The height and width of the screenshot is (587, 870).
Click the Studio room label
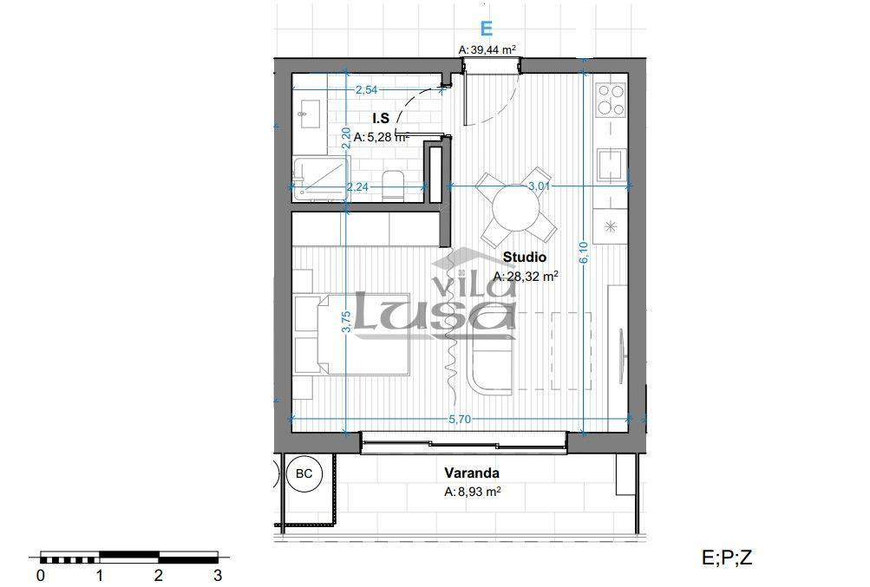524,257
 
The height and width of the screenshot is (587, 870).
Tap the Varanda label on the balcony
472,473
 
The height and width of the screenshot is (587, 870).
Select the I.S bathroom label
381,118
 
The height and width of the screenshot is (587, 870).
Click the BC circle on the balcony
304,473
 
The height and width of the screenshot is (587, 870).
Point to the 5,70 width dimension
460,419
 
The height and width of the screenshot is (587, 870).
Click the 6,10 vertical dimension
583,252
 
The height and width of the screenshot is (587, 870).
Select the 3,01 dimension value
539,186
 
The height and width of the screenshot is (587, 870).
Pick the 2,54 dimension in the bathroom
366,89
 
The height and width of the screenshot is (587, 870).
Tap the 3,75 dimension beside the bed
346,321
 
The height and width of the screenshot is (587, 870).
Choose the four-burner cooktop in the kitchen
611,100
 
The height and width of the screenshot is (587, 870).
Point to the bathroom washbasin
309,114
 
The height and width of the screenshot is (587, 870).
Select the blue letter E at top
486,28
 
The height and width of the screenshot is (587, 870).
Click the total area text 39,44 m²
487,49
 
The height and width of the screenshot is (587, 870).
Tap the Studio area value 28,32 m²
526,276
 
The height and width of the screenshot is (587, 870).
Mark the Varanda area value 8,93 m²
473,492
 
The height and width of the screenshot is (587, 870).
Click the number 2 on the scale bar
159,574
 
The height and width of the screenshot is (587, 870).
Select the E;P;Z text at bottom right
727,557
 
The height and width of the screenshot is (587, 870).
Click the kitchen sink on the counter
612,165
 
